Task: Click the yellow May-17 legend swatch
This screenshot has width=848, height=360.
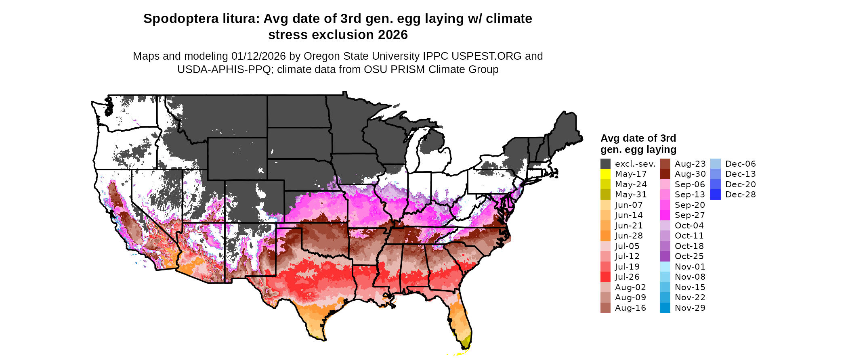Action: (x=605, y=174)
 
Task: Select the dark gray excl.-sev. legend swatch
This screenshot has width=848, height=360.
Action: (x=605, y=164)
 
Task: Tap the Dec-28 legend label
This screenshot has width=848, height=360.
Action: (x=740, y=195)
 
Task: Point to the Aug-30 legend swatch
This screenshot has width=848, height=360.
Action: (x=665, y=174)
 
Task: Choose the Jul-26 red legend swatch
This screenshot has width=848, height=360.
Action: (x=605, y=277)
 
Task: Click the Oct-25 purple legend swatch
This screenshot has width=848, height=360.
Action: (x=665, y=256)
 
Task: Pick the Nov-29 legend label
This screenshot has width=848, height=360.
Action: (x=690, y=308)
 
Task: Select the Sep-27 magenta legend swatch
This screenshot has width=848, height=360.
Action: (x=665, y=215)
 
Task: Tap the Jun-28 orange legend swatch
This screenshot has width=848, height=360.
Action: (x=605, y=236)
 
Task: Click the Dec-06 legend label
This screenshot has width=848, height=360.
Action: (x=740, y=164)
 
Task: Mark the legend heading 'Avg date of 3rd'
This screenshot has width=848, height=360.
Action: (x=638, y=138)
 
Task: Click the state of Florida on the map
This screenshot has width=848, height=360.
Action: (x=460, y=319)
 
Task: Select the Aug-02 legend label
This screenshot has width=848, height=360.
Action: (x=630, y=287)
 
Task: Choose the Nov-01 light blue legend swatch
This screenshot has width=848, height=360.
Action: (x=665, y=267)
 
